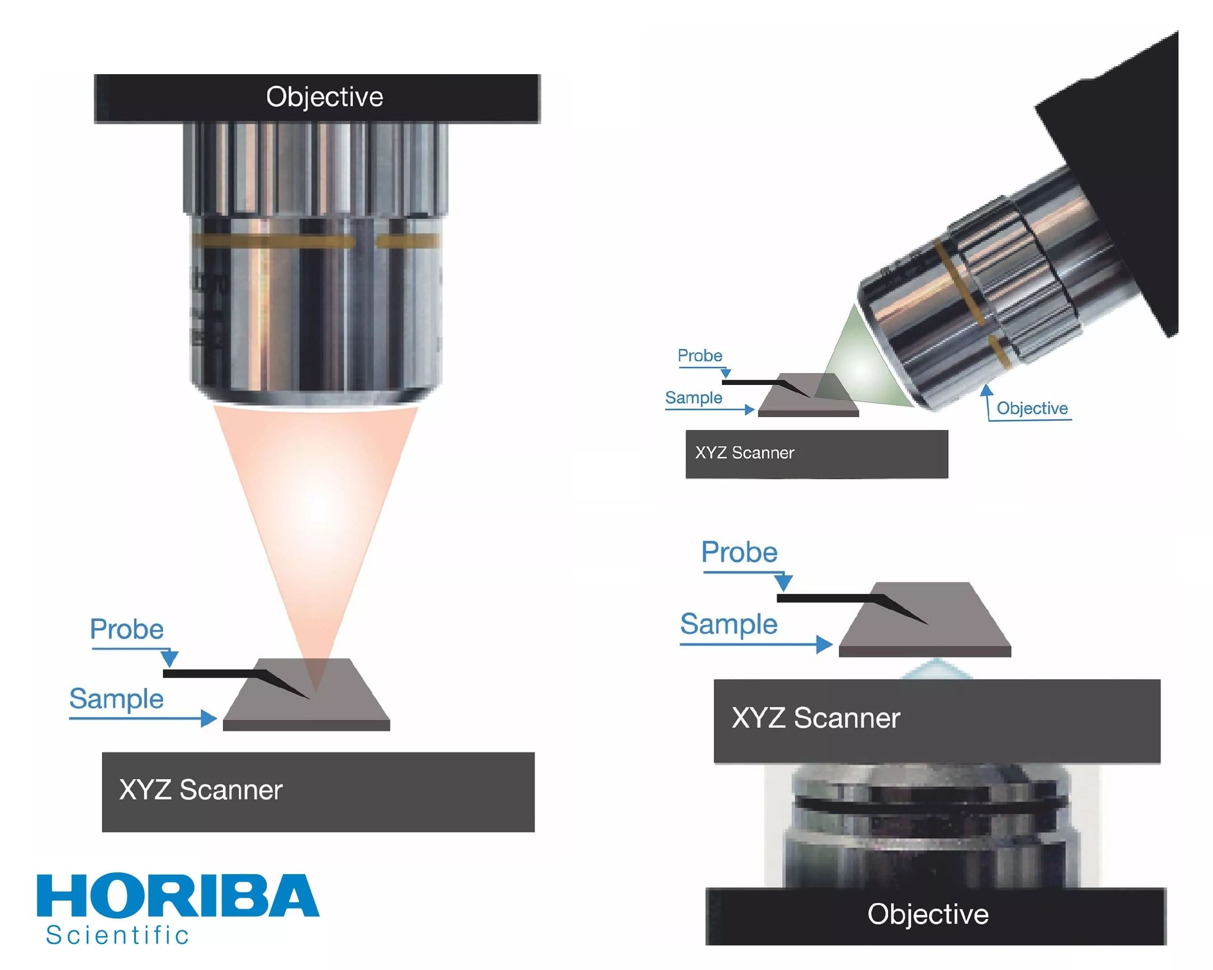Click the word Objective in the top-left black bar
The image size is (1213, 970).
click(325, 97)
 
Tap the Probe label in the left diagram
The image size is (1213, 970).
click(127, 629)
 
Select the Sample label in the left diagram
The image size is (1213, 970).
click(117, 699)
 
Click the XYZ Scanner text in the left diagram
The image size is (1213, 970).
click(201, 790)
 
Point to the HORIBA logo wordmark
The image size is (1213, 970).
click(178, 895)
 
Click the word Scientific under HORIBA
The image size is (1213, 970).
click(118, 936)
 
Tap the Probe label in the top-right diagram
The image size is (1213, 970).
click(700, 356)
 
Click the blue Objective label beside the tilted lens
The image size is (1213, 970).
click(1032, 408)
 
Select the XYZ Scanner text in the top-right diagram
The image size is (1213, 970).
click(744, 453)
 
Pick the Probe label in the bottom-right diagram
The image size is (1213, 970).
click(739, 552)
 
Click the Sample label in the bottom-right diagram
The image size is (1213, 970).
click(728, 624)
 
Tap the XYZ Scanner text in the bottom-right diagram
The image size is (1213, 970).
click(816, 718)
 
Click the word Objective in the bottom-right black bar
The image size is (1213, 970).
click(928, 914)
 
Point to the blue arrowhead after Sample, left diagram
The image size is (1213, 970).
click(209, 718)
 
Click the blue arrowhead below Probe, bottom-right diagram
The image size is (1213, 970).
click(783, 582)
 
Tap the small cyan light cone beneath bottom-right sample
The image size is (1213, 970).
click(936, 670)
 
